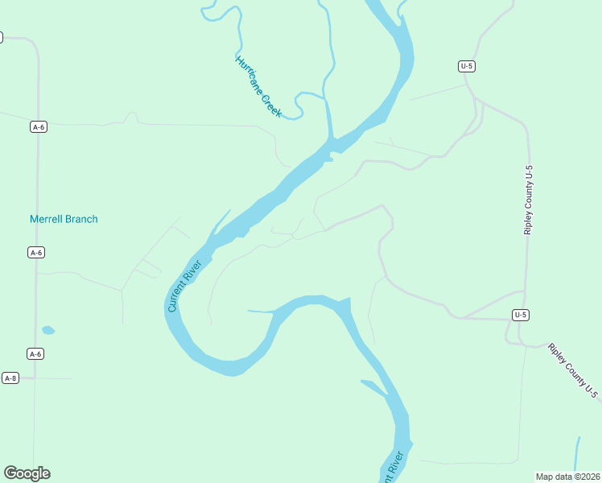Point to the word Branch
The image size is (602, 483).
81,219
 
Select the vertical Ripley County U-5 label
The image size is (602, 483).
529,200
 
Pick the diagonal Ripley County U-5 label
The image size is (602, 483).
573,370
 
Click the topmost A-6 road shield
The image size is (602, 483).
38,126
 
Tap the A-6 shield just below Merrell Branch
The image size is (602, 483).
35,253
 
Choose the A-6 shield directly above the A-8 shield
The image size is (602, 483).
35,353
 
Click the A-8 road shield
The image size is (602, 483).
10,378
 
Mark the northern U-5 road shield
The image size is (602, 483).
466,66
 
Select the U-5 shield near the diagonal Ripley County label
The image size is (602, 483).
521,315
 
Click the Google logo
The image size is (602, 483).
27,473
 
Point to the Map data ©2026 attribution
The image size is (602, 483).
567,477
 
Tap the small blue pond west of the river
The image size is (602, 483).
48,330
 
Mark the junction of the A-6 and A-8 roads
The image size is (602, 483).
34,378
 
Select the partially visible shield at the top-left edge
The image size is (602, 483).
1,37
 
